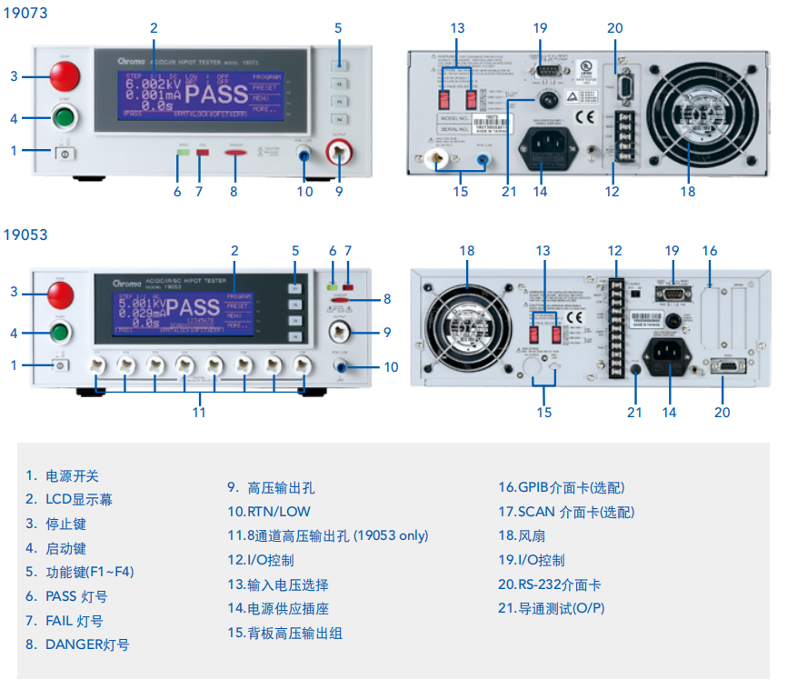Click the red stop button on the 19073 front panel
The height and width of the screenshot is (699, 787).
tap(65, 76)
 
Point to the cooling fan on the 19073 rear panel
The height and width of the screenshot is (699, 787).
tap(688, 114)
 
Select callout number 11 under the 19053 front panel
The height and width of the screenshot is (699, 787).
tap(199, 412)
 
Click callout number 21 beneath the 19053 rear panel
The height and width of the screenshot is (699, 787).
tap(634, 412)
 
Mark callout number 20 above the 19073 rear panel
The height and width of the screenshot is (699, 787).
tap(615, 28)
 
